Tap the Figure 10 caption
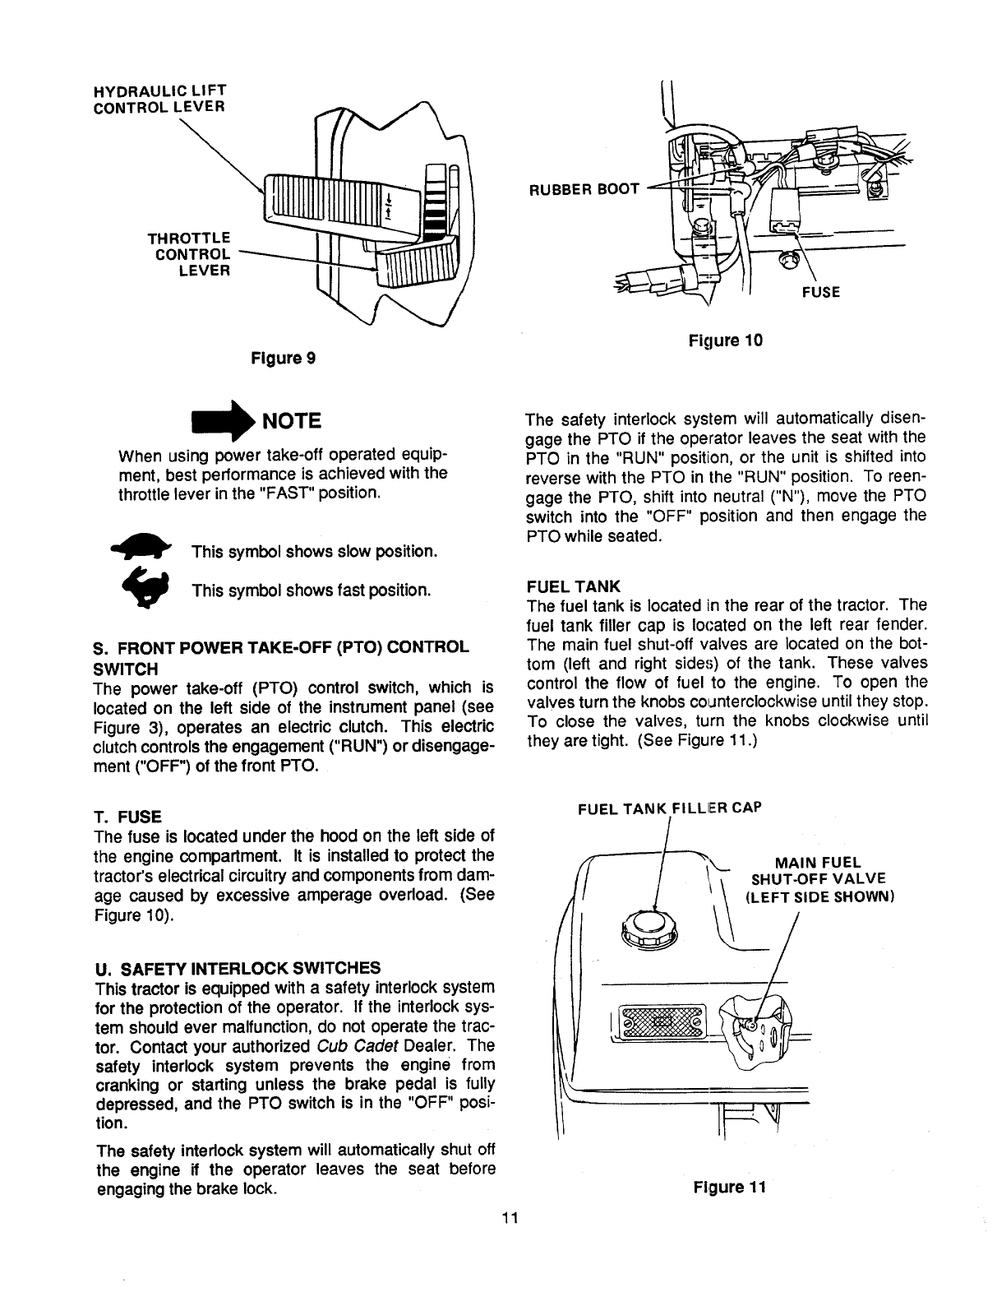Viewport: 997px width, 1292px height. tap(725, 339)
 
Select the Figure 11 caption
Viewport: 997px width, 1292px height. tap(729, 1188)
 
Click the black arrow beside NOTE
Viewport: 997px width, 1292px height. tap(214, 420)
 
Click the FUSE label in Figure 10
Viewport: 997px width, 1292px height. tap(821, 291)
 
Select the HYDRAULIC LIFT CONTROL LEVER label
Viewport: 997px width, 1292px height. tap(160, 97)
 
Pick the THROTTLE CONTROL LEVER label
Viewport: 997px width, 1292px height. tap(188, 253)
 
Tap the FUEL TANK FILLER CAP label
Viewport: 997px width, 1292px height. tap(670, 808)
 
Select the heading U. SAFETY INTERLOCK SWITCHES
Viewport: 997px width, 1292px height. tap(238, 966)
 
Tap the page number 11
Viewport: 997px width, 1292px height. tap(509, 1218)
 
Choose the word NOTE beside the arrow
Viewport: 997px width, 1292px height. tap(288, 421)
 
